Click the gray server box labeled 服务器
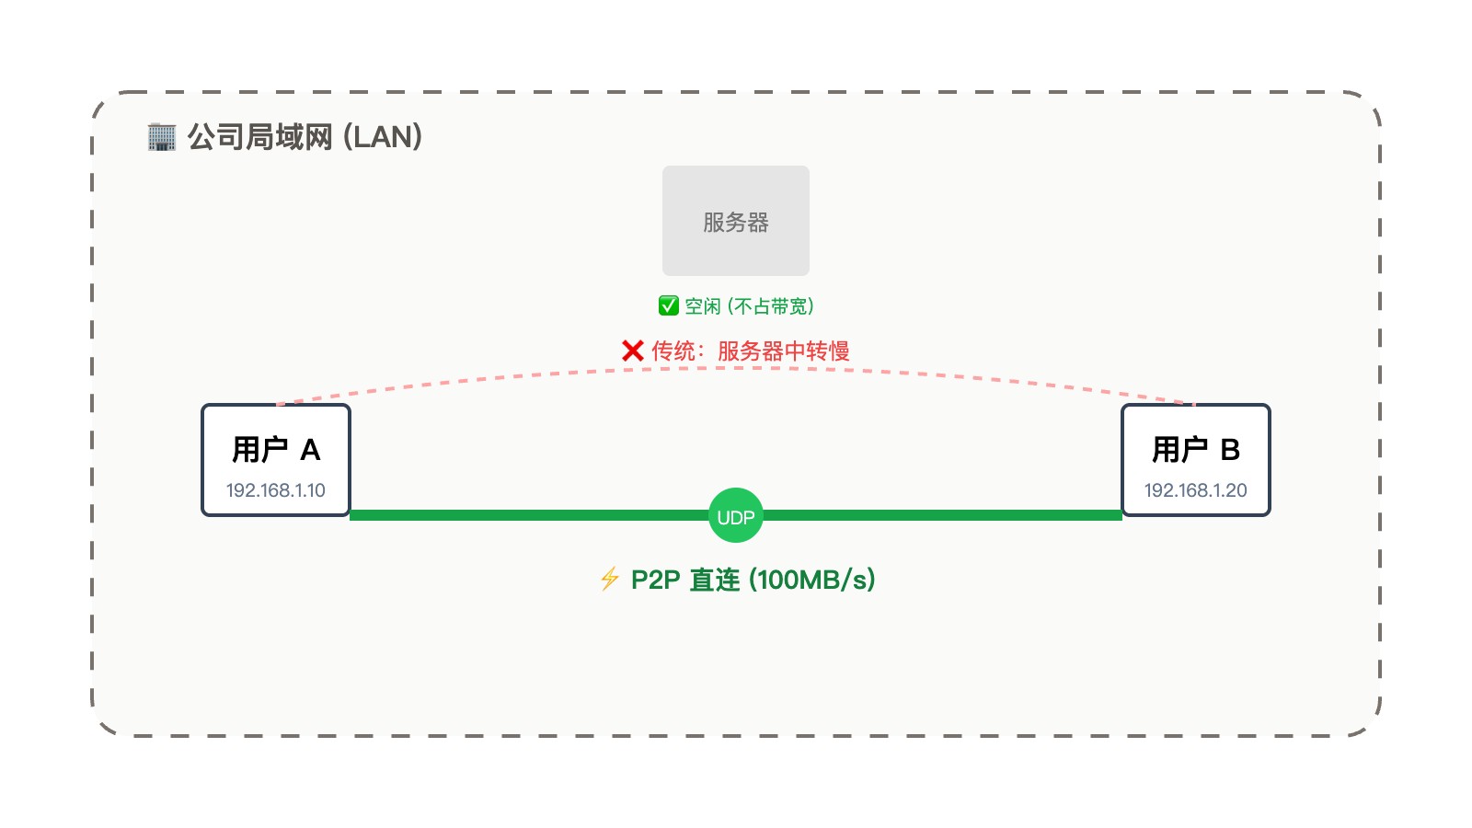[x=736, y=221]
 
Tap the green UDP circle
[x=736, y=515]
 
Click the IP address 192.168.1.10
[x=276, y=490]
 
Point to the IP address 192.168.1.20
[x=1196, y=490]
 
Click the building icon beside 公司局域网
[x=162, y=137]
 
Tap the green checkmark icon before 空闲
[x=669, y=305]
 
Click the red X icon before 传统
[x=632, y=351]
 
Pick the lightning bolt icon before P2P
[x=609, y=579]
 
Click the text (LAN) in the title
[x=383, y=137]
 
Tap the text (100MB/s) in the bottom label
[x=812, y=580]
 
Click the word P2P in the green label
[x=655, y=580]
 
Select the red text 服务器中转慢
[x=783, y=351]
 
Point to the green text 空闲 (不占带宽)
[x=749, y=305]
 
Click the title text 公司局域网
[x=259, y=137]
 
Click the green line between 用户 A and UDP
[x=529, y=515]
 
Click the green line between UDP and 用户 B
[x=943, y=515]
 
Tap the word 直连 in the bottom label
[x=715, y=580]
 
